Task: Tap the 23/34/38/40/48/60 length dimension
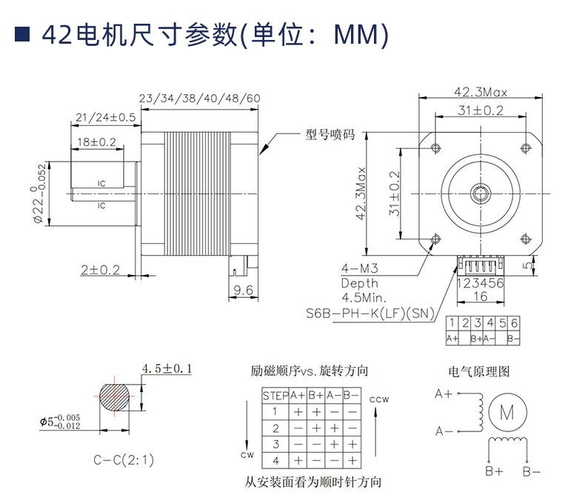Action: tap(199, 98)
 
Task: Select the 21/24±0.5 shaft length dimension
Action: tap(105, 117)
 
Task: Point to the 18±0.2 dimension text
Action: tap(97, 141)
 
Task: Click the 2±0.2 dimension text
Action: tap(100, 269)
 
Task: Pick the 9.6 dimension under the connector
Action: tap(244, 289)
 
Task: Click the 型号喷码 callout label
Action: tap(330, 135)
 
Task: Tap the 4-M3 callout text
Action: tap(359, 268)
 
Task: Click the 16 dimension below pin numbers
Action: tap(480, 296)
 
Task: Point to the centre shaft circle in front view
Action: tap(481, 192)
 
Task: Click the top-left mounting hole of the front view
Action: tap(435, 145)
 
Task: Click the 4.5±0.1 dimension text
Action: tap(167, 368)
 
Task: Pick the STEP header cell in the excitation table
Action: tap(275, 395)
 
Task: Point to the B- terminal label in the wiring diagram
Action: tap(532, 471)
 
